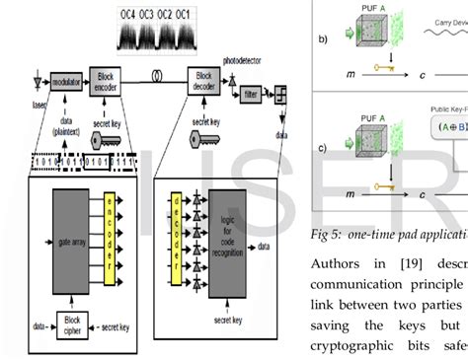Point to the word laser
(x=39, y=102)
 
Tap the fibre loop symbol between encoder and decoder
(x=155, y=75)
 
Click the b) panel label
(x=322, y=41)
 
